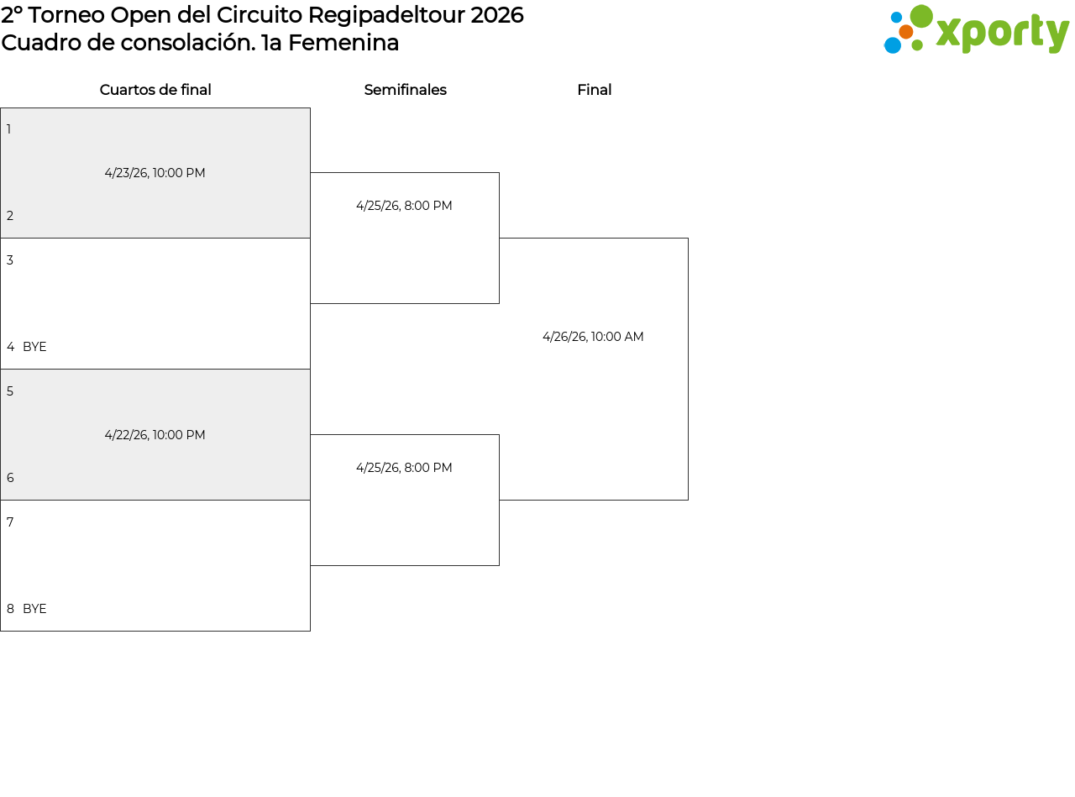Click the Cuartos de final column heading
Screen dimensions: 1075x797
click(155, 90)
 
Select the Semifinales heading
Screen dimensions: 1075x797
click(405, 90)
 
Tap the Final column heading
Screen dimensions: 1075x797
click(595, 90)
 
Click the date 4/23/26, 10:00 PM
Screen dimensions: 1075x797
click(155, 173)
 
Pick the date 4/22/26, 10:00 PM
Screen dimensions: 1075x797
click(155, 435)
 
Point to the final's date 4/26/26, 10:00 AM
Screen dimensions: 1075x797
click(593, 337)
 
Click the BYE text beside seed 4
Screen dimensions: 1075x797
click(34, 347)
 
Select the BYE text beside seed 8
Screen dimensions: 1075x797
click(34, 608)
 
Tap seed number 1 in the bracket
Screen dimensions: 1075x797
click(8, 129)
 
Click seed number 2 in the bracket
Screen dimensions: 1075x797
click(10, 216)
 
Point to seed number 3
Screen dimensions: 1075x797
click(10, 260)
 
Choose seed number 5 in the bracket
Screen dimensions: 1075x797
click(10, 391)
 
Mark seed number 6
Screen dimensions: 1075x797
click(10, 478)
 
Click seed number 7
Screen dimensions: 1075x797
click(10, 522)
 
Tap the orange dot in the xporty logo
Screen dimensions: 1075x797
click(906, 32)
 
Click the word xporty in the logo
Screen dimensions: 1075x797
click(1002, 33)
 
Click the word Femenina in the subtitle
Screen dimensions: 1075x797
click(343, 43)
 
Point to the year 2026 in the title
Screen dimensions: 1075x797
click(497, 15)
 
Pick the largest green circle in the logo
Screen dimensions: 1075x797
click(920, 16)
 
